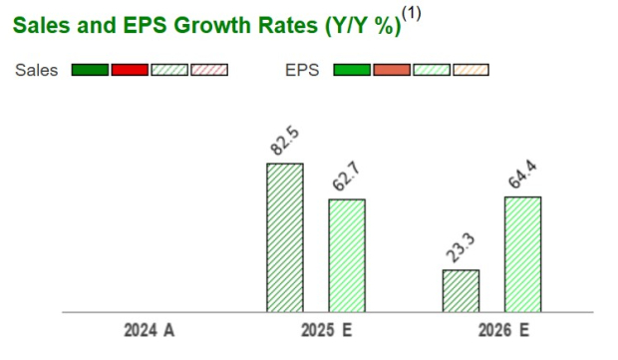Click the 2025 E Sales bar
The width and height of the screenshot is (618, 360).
(x=284, y=237)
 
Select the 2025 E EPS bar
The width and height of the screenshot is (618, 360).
(x=347, y=255)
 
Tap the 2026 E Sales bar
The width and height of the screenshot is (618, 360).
(x=461, y=290)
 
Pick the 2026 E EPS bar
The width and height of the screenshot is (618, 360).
(x=522, y=253)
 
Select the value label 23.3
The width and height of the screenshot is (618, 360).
(x=460, y=248)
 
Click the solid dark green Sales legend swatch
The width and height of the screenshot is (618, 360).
(x=90, y=70)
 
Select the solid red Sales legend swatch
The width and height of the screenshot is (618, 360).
(x=130, y=70)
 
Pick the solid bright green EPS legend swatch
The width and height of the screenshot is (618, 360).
(x=352, y=70)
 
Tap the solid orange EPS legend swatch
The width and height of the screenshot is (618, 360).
(x=392, y=70)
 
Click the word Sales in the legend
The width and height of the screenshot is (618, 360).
(x=36, y=70)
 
